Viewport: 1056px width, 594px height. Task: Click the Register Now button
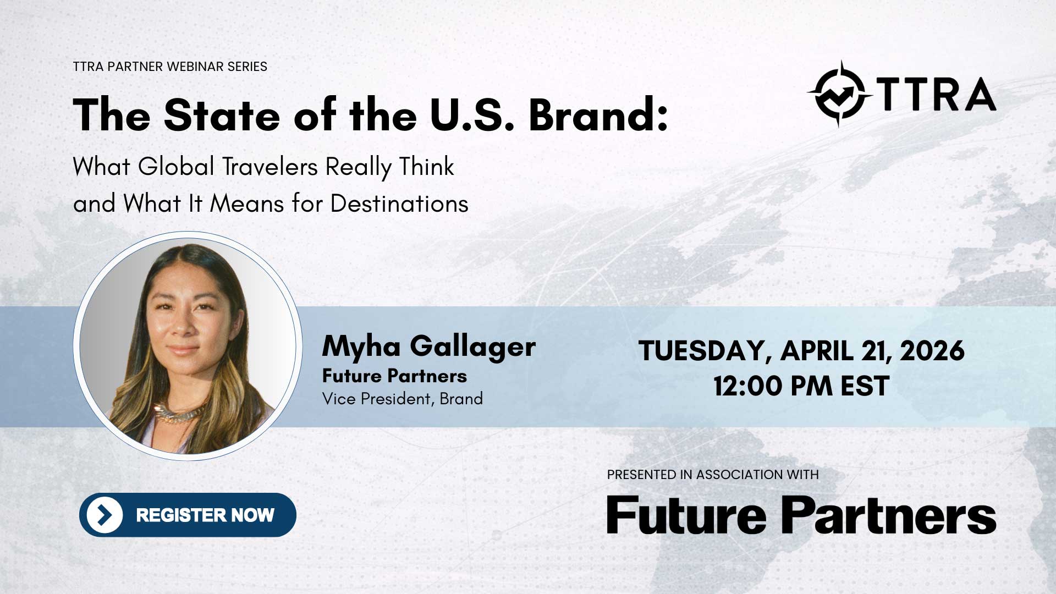(188, 515)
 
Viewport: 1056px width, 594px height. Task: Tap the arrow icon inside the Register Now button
(105, 515)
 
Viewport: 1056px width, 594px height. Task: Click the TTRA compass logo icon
(840, 94)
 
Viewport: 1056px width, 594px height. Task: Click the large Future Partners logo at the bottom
(801, 514)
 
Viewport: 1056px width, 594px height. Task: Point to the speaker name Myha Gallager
(429, 347)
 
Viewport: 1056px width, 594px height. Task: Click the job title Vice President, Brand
(403, 399)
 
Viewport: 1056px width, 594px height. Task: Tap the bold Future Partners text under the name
(394, 376)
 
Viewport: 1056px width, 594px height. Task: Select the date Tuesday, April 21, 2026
(801, 351)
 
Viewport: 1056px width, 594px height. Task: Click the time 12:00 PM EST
(801, 386)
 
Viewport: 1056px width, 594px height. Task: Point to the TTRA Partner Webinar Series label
(170, 67)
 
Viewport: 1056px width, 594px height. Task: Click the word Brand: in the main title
(598, 116)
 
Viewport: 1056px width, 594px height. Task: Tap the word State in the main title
(222, 116)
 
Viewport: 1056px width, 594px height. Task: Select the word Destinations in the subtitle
(399, 204)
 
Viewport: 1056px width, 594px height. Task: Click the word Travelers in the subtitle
(269, 167)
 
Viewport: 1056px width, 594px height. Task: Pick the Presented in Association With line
(713, 475)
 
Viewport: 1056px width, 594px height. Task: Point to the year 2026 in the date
(932, 351)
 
